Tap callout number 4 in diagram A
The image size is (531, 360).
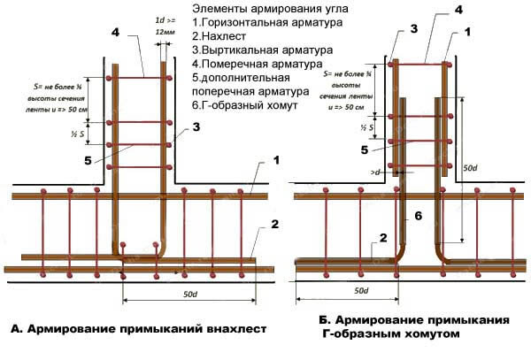[x=115, y=33]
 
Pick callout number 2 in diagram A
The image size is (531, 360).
[x=275, y=225]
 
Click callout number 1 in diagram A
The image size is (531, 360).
[x=276, y=160]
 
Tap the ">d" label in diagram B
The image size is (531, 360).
[x=376, y=172]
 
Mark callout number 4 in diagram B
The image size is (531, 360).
[x=433, y=8]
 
